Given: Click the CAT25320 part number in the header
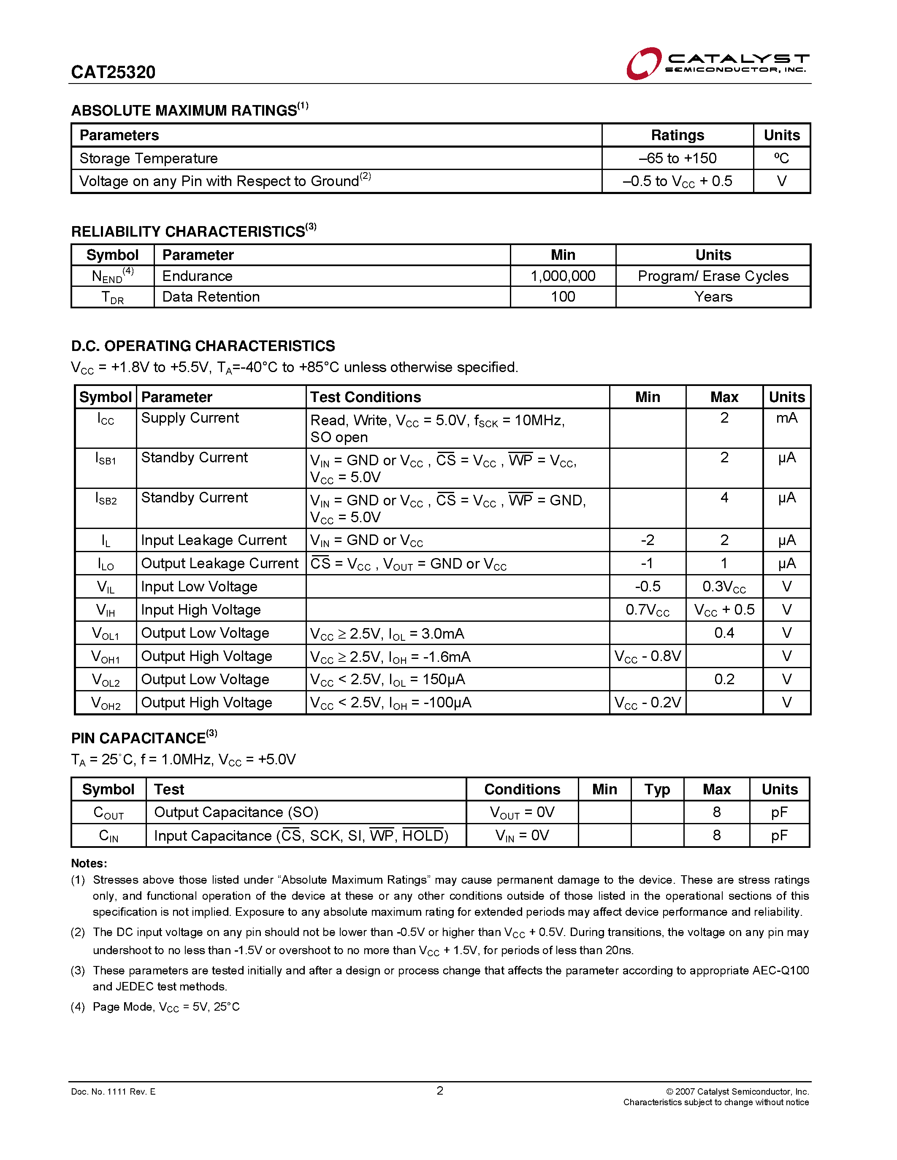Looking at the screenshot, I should (113, 72).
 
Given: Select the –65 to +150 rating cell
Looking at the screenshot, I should (677, 158).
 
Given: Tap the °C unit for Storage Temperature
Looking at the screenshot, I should (781, 158).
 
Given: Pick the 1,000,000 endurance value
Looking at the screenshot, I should (563, 276).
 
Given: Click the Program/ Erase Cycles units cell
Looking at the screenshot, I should (713, 276).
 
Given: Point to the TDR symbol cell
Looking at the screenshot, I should (113, 297).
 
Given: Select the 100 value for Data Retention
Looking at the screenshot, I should (563, 297).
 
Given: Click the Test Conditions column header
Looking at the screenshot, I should (366, 397).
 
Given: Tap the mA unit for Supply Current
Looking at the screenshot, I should (786, 418).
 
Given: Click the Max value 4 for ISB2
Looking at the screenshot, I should (724, 498).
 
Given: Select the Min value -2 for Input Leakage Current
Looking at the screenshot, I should (647, 540).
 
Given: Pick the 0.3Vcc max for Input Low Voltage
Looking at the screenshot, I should (724, 587).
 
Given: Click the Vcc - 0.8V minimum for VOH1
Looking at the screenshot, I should (647, 656).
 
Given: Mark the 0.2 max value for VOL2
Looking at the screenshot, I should (724, 679).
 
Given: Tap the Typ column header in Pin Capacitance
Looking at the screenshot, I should (657, 790).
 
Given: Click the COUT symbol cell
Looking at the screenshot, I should (108, 813).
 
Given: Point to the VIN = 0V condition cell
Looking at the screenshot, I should (522, 836).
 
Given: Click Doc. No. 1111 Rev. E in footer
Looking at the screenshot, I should (113, 1092).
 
